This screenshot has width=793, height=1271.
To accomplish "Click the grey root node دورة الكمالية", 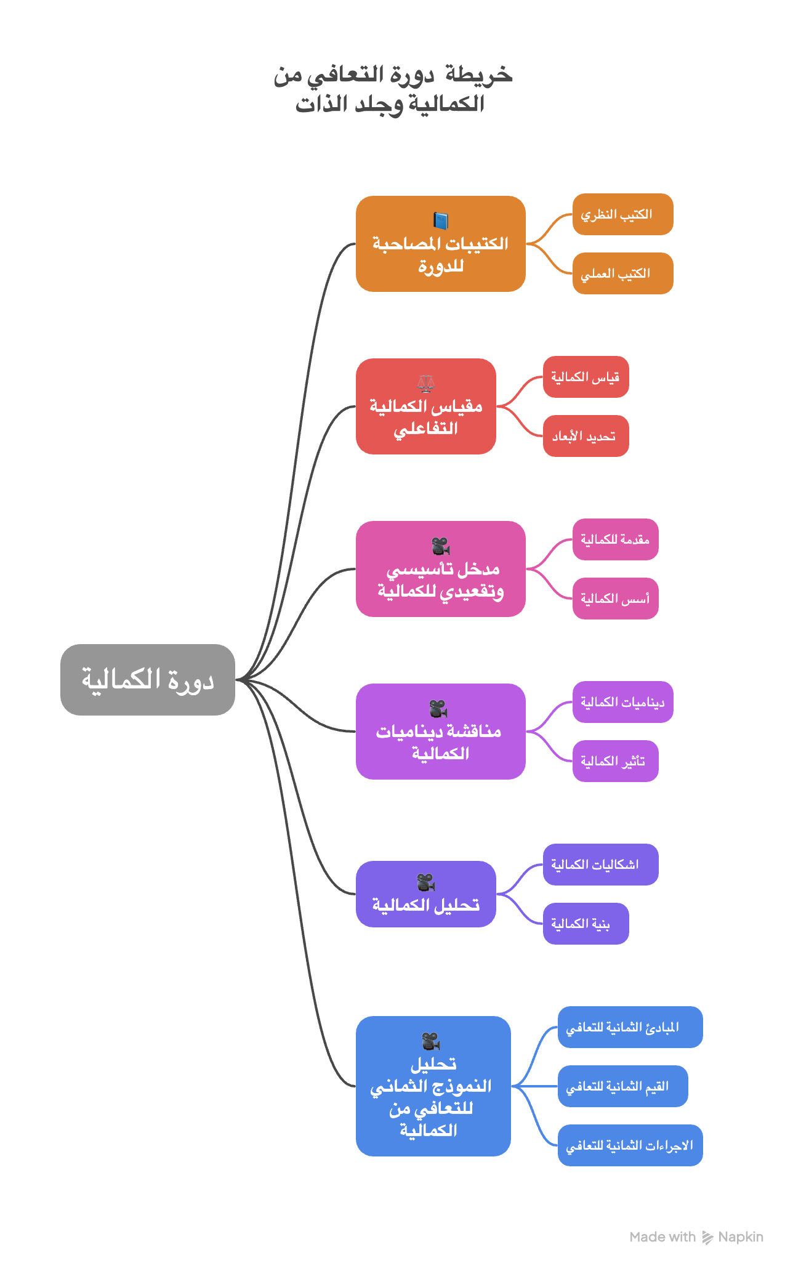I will point(148,679).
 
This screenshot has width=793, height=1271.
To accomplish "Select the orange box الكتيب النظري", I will point(622,214).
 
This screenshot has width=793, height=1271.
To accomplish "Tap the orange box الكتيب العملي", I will point(622,273).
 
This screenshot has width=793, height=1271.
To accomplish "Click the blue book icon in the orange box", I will point(441,220).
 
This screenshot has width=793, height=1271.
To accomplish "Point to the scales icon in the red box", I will point(426,384).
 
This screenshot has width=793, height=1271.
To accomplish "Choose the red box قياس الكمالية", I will point(586,377).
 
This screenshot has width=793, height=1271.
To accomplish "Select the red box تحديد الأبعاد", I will point(586,436).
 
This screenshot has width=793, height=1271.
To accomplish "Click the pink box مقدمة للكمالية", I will point(615,539).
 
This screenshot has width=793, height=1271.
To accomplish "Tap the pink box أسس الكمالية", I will point(615,599).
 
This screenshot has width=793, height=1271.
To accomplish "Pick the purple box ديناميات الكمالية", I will point(622,702).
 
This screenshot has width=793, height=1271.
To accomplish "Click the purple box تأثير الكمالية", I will point(615,761).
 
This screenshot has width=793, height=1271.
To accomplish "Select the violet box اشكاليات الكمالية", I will point(600,865).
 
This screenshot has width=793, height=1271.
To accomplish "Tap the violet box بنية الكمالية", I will point(586,924).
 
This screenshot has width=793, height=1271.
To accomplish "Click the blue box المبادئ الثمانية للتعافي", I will point(630,1027).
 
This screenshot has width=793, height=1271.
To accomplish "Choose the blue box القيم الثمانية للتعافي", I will point(622,1086).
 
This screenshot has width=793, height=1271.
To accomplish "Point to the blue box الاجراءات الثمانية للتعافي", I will point(630,1145).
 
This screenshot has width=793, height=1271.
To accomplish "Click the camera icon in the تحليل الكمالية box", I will point(426,882).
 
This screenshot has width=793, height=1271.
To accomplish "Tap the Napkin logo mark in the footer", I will point(707,1237).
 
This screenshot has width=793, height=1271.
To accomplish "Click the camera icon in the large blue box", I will point(431,1041).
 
